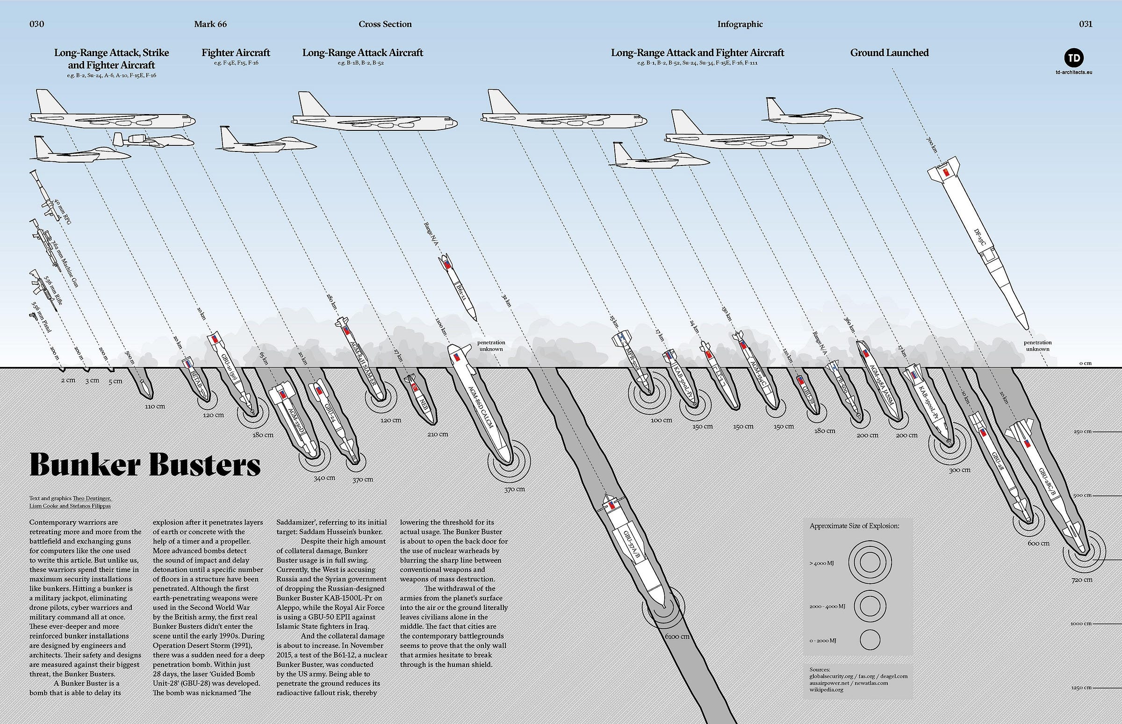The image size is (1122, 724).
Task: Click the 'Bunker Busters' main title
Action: click(x=145, y=465)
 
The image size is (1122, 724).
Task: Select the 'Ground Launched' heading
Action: click(x=889, y=53)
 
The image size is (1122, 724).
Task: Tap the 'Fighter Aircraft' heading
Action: click(x=236, y=53)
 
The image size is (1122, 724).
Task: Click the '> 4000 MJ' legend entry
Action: click(x=821, y=563)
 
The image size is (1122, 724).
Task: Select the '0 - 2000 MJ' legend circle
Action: click(x=870, y=640)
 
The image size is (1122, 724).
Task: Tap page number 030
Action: click(x=36, y=24)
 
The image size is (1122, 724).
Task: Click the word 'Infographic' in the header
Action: click(x=740, y=24)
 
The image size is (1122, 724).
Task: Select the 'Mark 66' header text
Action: click(x=210, y=24)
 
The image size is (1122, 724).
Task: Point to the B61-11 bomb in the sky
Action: click(x=460, y=287)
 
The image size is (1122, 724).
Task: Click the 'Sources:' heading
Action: click(x=820, y=669)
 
